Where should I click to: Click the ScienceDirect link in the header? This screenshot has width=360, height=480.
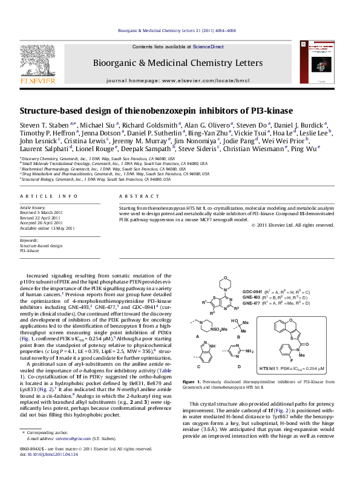(x=208, y=47)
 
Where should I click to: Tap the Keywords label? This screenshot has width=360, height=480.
(x=29, y=241)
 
